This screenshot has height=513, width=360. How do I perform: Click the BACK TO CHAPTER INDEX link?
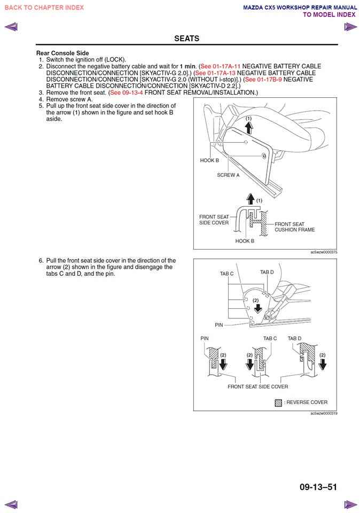44,7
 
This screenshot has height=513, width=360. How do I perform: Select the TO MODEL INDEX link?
329,14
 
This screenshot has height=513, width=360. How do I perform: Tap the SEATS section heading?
186,38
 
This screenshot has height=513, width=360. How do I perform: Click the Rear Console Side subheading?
62,53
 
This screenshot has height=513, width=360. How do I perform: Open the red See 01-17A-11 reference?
220,66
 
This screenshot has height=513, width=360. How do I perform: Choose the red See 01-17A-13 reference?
216,73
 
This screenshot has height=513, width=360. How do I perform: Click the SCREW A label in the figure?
228,175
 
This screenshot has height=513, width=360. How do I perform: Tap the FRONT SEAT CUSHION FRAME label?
295,227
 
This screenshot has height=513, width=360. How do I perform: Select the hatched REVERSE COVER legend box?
278,402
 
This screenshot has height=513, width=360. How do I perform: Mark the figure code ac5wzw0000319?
324,413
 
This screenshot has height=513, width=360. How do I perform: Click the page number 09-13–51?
318,487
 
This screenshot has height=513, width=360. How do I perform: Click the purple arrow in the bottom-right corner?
350,504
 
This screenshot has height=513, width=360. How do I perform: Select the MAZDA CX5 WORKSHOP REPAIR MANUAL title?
300,7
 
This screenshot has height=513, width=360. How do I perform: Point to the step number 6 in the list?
41,261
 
